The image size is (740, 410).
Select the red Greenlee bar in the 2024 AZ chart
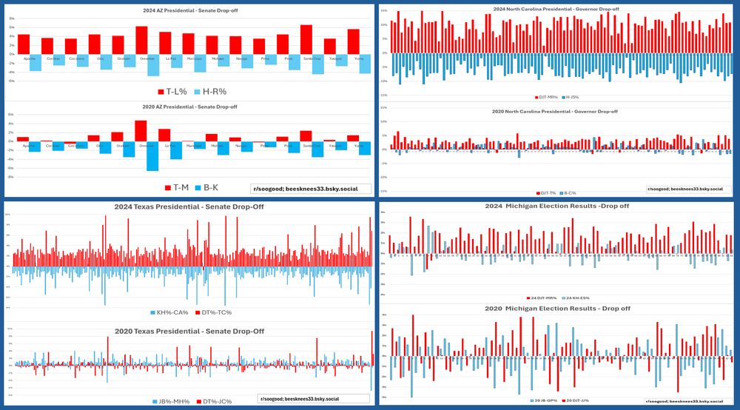point(141,40)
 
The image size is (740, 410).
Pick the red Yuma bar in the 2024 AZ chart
point(354,41)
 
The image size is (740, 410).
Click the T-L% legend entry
point(170,91)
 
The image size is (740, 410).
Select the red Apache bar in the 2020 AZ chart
point(23,138)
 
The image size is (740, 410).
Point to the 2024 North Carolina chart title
point(556,9)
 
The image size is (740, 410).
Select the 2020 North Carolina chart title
point(556,111)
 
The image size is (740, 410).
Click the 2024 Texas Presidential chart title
point(189,206)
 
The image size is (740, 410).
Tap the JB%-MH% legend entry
point(171,401)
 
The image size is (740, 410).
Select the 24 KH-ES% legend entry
point(580,298)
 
